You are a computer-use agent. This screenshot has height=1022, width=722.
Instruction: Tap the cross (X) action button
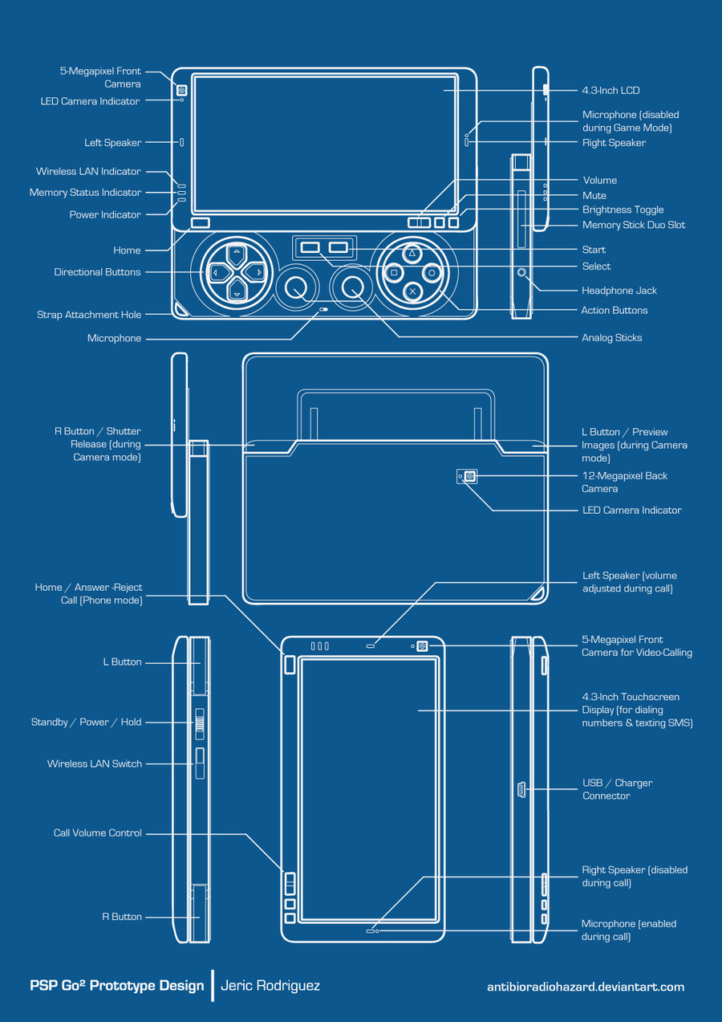coord(412,291)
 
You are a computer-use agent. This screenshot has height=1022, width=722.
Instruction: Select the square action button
coord(393,273)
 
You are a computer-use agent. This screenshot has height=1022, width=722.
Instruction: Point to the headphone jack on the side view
coord(523,273)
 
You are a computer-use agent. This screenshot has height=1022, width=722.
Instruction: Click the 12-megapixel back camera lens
coord(470,477)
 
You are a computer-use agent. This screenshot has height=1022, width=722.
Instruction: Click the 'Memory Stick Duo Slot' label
coord(633,226)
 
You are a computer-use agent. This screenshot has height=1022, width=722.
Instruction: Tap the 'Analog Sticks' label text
coord(611,338)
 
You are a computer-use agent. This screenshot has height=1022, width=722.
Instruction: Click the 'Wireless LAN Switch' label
coord(95,764)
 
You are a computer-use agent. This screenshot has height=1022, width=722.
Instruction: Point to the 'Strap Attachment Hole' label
coord(89,316)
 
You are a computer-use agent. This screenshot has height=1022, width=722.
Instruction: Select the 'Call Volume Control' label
coord(98,833)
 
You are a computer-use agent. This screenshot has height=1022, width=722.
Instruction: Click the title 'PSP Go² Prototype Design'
coord(117,986)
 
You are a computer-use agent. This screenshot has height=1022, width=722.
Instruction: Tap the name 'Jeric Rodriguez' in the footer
coord(270,986)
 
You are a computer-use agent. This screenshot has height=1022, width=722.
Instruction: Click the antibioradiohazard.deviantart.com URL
coord(586,987)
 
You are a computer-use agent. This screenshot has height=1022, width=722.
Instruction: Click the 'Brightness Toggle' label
coord(623,210)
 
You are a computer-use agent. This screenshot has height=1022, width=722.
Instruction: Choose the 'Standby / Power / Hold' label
coord(87,723)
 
